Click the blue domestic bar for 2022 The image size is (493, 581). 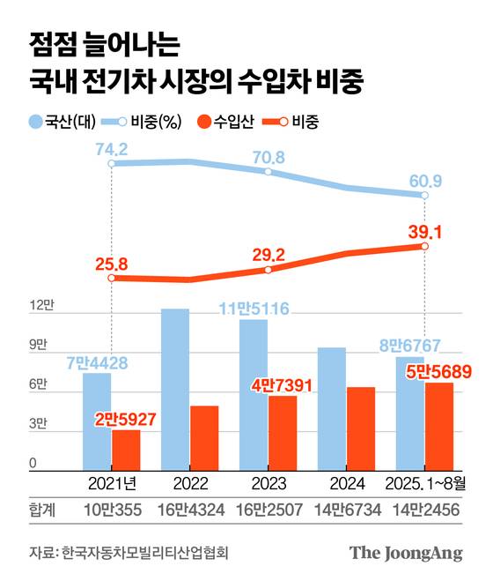[174, 389]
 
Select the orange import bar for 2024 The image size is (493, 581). [361, 428]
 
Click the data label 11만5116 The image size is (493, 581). [254, 309]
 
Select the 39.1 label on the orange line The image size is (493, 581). [424, 231]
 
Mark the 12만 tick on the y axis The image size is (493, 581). [40, 307]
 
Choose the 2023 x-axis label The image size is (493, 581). [268, 483]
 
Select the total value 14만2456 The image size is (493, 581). [426, 510]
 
